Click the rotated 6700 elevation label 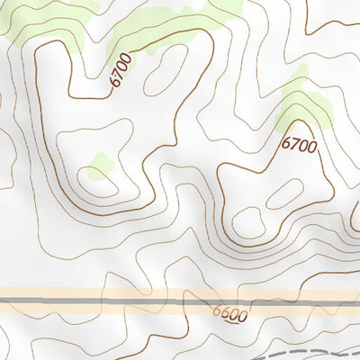pos(121,70)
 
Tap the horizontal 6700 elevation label pos(299,144)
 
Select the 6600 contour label pos(229,315)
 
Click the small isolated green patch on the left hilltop pos(99,166)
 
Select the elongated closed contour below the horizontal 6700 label pos(284,193)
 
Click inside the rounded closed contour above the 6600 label pos(248,220)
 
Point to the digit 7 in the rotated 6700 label pos(118,74)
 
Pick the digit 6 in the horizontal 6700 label pos(285,142)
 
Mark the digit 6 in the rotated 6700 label pos(113,82)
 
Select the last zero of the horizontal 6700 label pos(312,146)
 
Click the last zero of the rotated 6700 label pos(129,58)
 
